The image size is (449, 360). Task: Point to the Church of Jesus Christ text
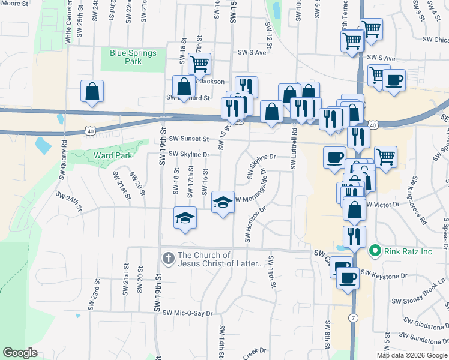pos(221,259)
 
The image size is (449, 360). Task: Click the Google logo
pos(20,353)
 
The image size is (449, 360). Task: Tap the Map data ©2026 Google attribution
pos(412,355)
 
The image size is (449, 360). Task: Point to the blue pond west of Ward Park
pos(43,145)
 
